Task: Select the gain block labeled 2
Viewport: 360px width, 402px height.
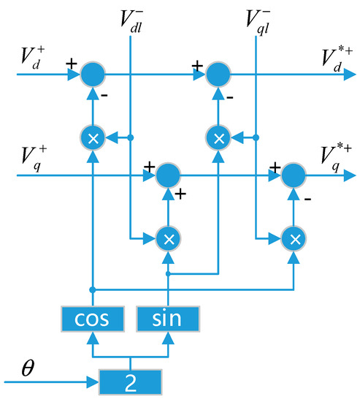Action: pyautogui.click(x=131, y=380)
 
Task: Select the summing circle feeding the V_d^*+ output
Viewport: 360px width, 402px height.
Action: pyautogui.click(x=218, y=73)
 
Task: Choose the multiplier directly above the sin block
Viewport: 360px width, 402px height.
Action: pyautogui.click(x=168, y=238)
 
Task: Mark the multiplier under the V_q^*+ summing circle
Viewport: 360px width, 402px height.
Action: pyautogui.click(x=294, y=238)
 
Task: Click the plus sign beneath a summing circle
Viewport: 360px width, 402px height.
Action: pyautogui.click(x=178, y=194)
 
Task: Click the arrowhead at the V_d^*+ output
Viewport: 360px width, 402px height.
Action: pyautogui.click(x=353, y=73)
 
